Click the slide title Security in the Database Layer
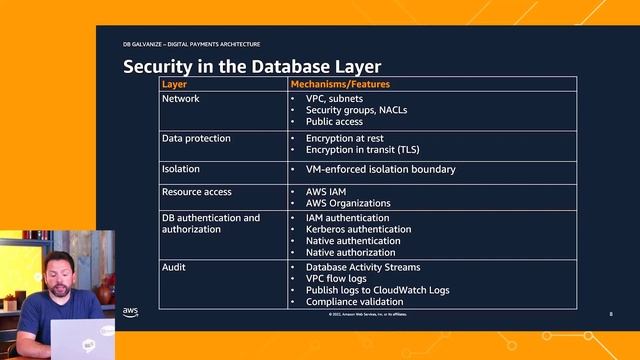coord(252,67)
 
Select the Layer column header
coord(174,85)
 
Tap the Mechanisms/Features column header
coord(340,85)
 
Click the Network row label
coord(181,99)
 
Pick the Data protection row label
coord(196,138)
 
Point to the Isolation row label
coord(181,169)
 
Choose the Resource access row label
coord(197,191)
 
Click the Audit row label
coord(174,268)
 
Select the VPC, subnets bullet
coord(335,99)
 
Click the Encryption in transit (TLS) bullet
coord(370,149)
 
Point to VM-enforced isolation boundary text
coord(380,169)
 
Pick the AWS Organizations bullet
coord(348,203)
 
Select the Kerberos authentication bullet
coord(358,229)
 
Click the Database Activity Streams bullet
coord(362,268)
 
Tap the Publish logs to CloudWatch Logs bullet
coord(377,290)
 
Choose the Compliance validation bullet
coord(354,301)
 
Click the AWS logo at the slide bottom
coord(131,311)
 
